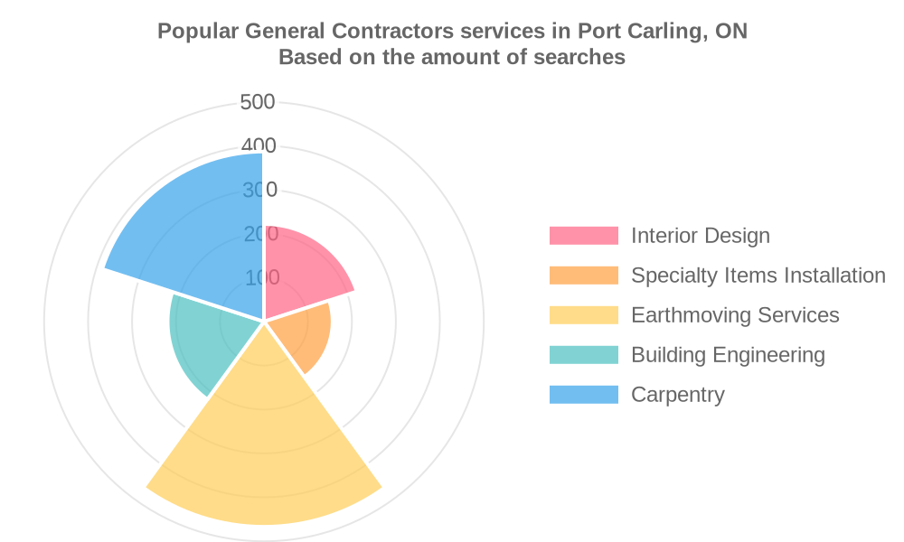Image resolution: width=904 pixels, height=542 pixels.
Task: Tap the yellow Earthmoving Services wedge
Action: click(264, 443)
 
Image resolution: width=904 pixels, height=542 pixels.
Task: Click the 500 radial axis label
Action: click(259, 102)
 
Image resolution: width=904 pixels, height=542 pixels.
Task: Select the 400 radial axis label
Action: click(259, 146)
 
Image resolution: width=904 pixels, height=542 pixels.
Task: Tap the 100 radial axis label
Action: click(261, 277)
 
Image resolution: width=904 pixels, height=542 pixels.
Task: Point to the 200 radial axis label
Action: click(260, 234)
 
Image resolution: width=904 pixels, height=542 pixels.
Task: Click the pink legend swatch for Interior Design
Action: click(584, 236)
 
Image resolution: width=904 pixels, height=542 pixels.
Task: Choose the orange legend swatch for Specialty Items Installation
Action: click(584, 276)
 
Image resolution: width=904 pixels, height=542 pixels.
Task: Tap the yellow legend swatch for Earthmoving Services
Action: click(584, 315)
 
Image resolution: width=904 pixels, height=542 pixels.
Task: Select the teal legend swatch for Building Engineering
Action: click(584, 355)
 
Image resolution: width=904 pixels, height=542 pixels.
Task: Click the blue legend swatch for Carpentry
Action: click(584, 395)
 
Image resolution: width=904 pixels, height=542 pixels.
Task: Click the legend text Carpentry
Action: click(678, 395)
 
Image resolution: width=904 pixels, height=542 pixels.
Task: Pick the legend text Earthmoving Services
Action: click(735, 315)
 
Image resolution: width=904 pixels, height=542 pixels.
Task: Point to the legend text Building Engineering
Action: click(728, 355)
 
